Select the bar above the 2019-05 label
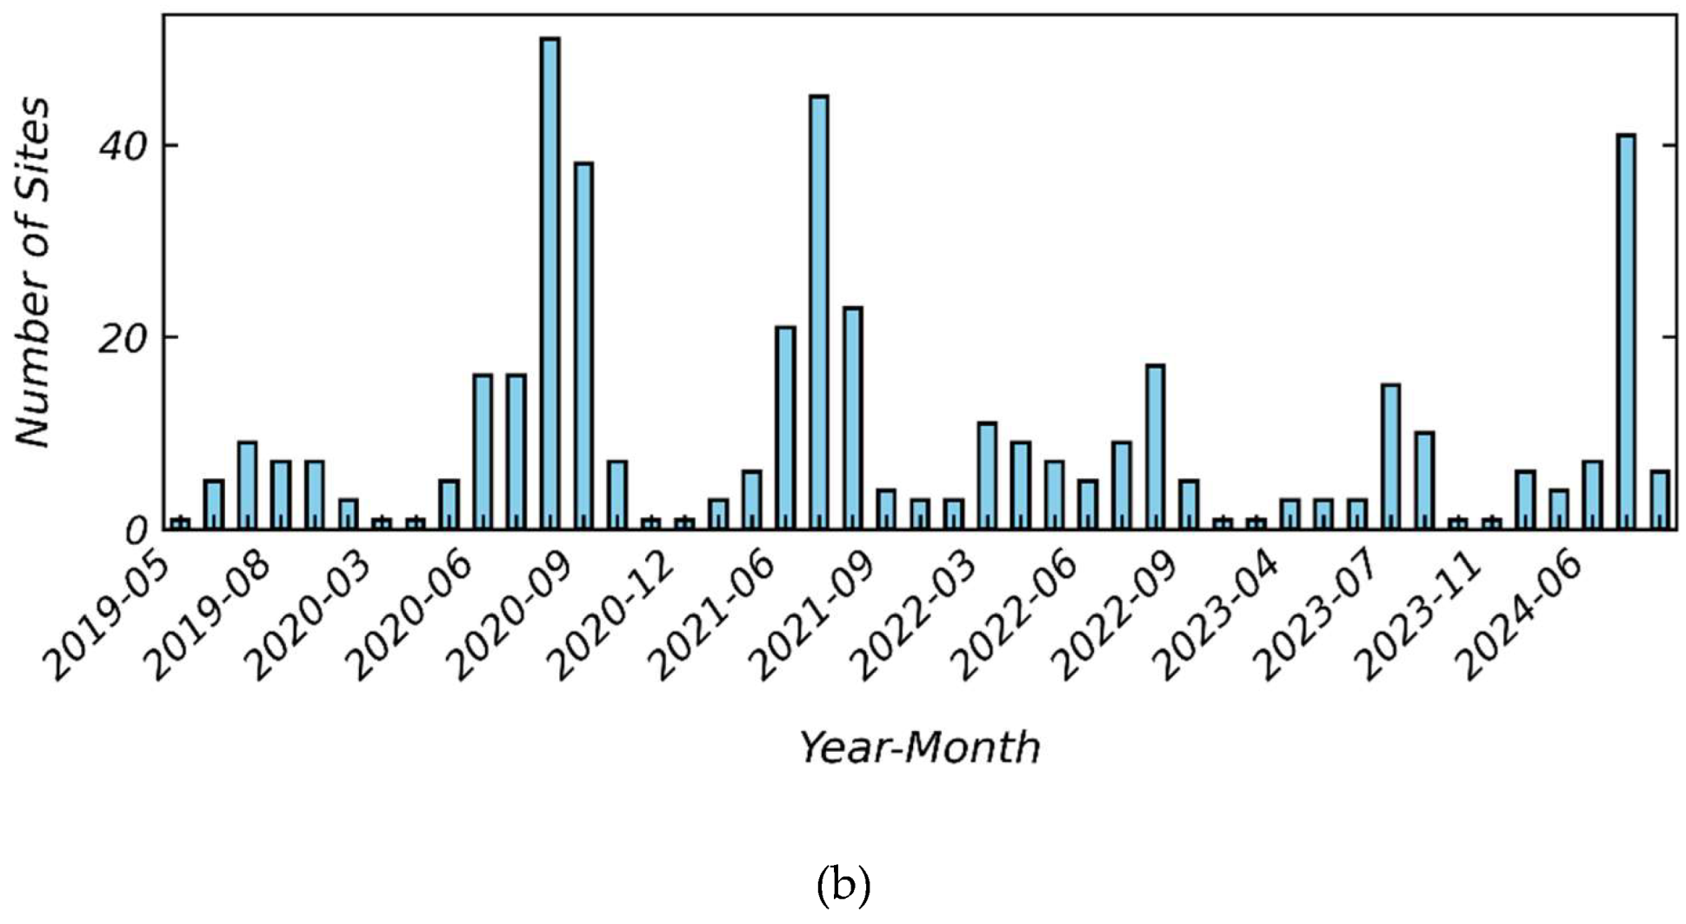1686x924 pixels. point(180,523)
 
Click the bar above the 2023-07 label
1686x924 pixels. point(1390,456)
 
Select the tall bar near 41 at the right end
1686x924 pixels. point(1625,331)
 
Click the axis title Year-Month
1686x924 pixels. point(919,748)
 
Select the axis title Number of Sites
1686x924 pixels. point(33,271)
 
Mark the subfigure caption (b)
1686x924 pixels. point(843,885)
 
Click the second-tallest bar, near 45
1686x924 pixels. point(818,312)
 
